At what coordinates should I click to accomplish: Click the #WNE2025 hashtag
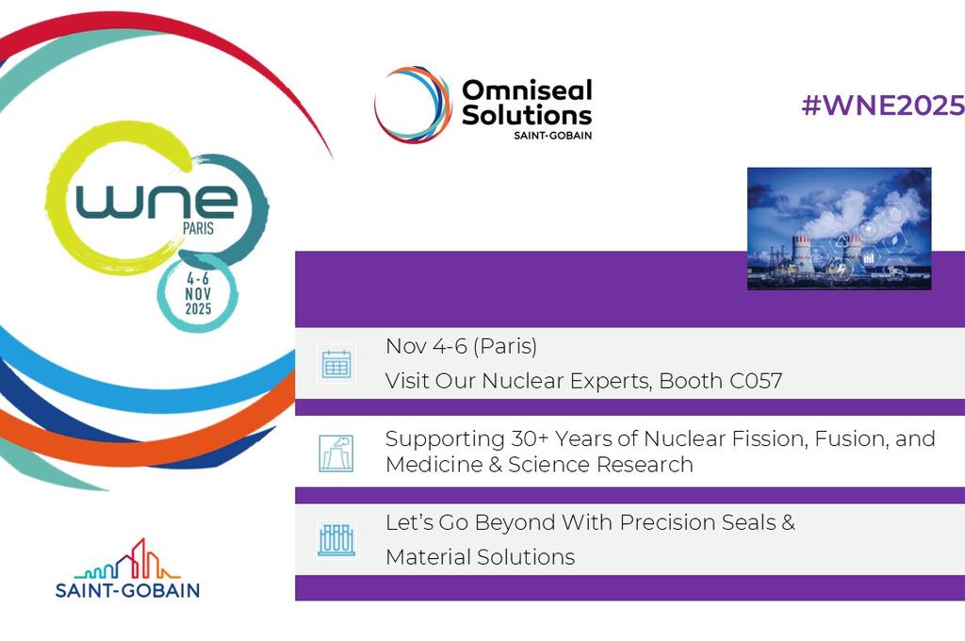coord(882,106)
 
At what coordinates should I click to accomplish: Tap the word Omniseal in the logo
coord(526,91)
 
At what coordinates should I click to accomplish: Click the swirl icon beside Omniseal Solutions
coord(413,105)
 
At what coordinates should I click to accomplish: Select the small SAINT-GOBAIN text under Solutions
coord(553,134)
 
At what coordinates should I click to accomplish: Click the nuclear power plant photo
coord(839,228)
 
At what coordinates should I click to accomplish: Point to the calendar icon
coord(336,364)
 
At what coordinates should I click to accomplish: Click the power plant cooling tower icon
coord(336,452)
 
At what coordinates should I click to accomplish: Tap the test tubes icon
coord(336,540)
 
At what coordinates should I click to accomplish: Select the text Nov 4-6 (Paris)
coord(461,347)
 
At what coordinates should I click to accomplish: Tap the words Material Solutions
coord(480,557)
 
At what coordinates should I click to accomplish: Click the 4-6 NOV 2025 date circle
coord(198,293)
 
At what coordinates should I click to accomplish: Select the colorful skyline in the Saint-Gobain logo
coord(127,562)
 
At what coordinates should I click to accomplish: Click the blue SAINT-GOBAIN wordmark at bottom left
coord(127,590)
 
